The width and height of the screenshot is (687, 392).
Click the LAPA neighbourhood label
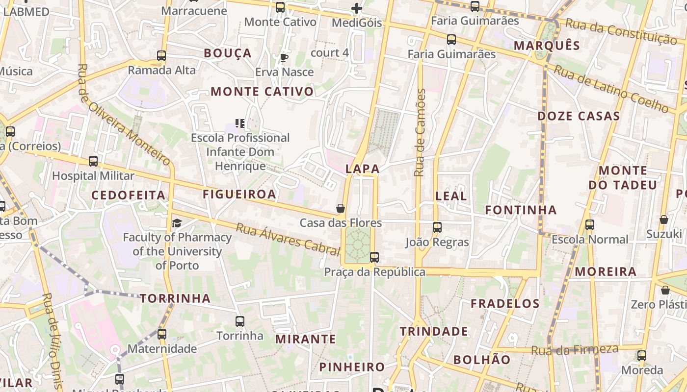[x=362, y=169]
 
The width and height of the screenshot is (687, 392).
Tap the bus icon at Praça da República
[x=374, y=257]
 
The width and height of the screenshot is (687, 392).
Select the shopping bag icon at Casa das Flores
[x=341, y=209]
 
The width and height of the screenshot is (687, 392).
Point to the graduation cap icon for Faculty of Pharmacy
[x=177, y=223]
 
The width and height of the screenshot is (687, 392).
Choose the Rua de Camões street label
[x=420, y=132]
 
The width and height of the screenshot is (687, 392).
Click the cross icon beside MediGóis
[x=357, y=8]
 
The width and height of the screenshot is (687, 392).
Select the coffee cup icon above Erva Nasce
[x=284, y=57]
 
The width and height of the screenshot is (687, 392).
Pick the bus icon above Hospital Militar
[x=93, y=161]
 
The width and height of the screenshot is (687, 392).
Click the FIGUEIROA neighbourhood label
[x=239, y=195]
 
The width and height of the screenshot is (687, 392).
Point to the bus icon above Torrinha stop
[x=240, y=321]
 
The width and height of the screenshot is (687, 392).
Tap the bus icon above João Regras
[x=437, y=227]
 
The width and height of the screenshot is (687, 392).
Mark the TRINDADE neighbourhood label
[x=434, y=332]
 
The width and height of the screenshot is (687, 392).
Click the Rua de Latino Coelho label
[x=611, y=89]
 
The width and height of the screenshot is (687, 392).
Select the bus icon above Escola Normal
[x=590, y=225]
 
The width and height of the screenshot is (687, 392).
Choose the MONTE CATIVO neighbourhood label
[x=262, y=92]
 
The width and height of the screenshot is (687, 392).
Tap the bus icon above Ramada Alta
[x=161, y=56]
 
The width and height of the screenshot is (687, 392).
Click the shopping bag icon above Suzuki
[x=664, y=220]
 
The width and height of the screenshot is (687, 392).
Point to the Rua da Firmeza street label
[x=575, y=350]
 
